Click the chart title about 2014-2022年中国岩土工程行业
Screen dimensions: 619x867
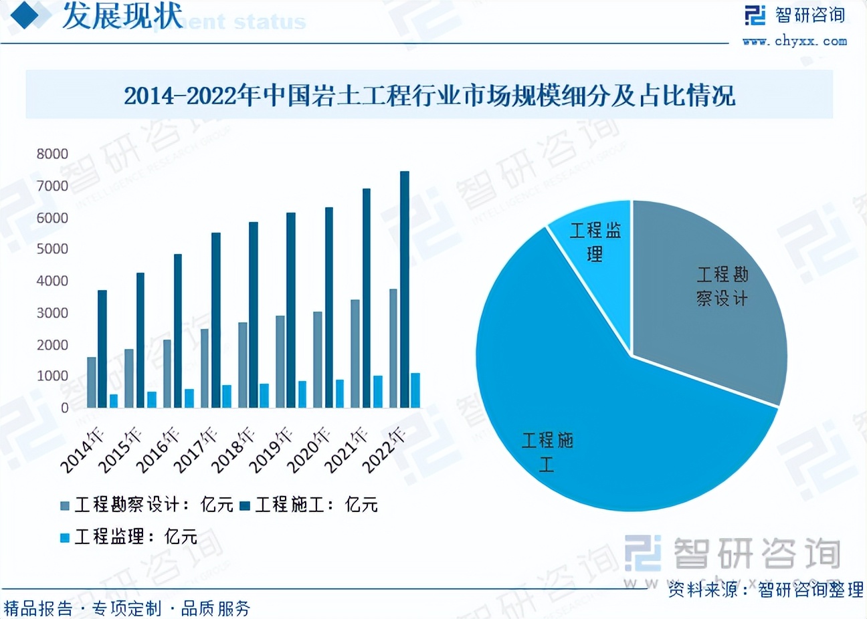[x=429, y=96]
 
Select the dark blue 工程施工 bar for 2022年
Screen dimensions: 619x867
[x=404, y=289]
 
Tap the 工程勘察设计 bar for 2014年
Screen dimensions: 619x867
[x=92, y=382]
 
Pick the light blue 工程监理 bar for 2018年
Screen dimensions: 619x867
[x=264, y=396]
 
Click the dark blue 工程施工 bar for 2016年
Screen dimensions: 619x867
[x=178, y=331]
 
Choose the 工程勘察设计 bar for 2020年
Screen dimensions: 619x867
[x=317, y=360]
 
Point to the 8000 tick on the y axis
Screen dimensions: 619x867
[x=52, y=154]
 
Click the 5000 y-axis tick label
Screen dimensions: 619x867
[x=52, y=249]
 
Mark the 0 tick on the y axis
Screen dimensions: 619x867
[x=64, y=408]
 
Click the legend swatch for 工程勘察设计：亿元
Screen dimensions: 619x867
[x=65, y=505]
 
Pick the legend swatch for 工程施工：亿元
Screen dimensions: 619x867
[x=245, y=505]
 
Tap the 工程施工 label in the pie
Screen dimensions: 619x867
[x=547, y=451]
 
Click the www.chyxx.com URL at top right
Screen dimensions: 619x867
[x=795, y=41]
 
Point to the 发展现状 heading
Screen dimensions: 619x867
[x=122, y=16]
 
